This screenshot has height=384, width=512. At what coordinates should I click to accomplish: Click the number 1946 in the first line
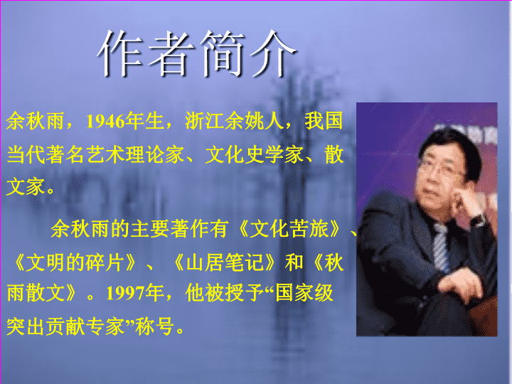coord(105,122)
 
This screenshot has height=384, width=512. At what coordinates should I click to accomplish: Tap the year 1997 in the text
coord(125,293)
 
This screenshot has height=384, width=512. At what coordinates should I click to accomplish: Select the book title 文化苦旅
coord(289,229)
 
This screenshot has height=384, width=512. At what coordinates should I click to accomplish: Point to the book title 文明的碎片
coord(75,262)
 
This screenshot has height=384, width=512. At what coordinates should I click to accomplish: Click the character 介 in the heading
coord(273,53)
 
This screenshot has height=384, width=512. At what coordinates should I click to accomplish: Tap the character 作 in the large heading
coord(120,53)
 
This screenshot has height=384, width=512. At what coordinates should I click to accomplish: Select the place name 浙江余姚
coord(225,121)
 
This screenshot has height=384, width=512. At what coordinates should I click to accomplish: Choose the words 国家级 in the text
coord(304,292)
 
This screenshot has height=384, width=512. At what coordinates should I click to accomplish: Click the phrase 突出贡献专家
coord(65,326)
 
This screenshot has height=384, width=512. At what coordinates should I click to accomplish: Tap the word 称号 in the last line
coord(154,326)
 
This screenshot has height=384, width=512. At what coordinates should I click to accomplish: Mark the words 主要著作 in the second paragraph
coord(170,229)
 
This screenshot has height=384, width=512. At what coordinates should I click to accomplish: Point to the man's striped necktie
coord(441,247)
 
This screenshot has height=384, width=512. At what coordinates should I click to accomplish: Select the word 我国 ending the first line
coord(324,121)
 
